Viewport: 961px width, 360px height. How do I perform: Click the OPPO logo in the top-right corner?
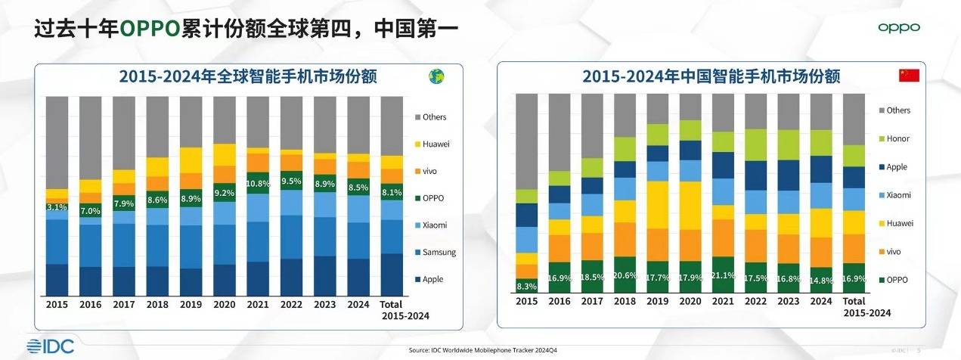click(899, 28)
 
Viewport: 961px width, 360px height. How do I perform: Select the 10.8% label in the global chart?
click(259, 184)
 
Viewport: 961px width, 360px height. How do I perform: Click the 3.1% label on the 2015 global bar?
click(57, 206)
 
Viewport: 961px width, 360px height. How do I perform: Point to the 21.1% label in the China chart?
click(724, 275)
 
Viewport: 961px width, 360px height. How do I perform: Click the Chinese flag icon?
click(907, 76)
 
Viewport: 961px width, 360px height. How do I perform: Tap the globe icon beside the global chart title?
click(436, 76)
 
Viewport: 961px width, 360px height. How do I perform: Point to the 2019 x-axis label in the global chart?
click(191, 305)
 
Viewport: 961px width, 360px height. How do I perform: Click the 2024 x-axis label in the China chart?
click(820, 301)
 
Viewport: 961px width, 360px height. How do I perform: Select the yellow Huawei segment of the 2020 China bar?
click(690, 205)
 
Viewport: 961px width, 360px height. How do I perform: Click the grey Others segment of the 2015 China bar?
click(527, 141)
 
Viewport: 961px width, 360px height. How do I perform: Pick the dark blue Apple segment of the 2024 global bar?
click(358, 278)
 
